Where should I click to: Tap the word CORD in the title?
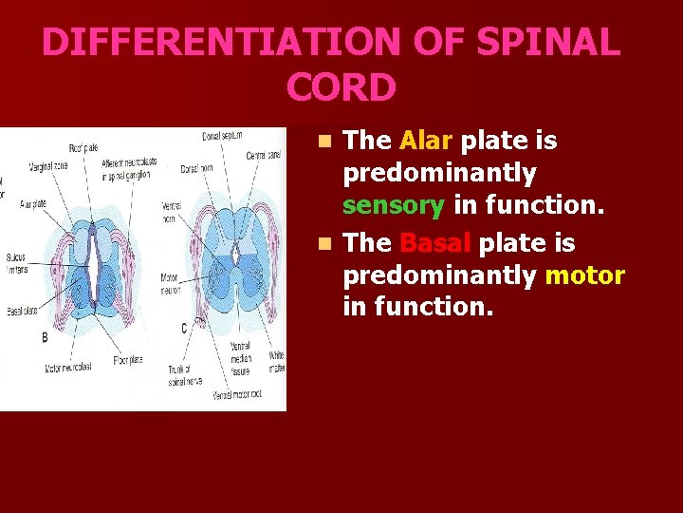coord(340,87)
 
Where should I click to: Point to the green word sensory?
coord(393,206)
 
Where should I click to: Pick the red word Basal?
coord(435,243)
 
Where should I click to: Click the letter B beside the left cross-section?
coord(45,337)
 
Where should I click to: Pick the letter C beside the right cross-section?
coord(183,328)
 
